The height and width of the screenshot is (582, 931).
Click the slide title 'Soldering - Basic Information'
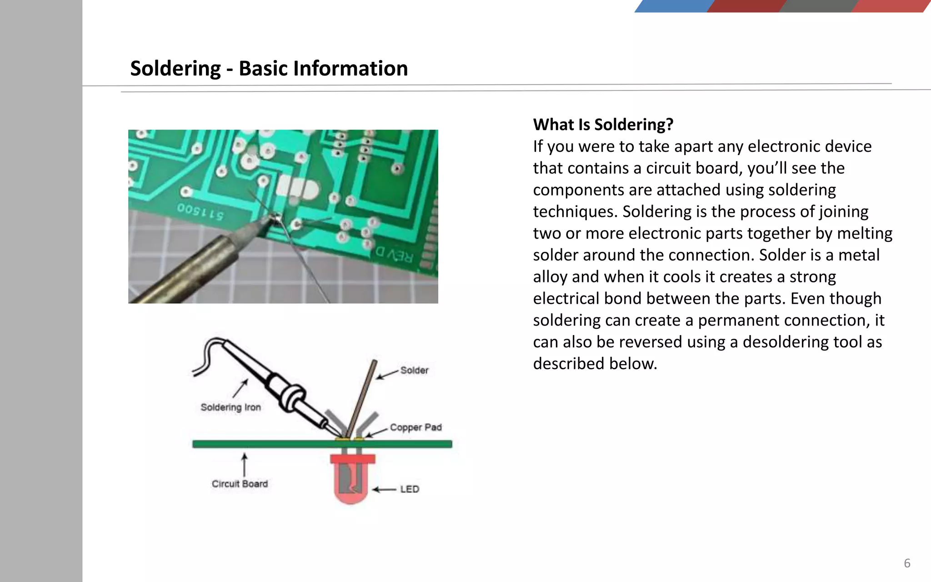tap(269, 69)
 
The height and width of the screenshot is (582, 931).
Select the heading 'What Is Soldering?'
tap(603, 125)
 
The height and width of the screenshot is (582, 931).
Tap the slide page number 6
tap(907, 563)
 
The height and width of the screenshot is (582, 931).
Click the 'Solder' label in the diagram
tap(414, 370)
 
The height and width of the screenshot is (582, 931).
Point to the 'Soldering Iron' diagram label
tap(230, 407)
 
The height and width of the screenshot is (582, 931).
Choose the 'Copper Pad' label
tap(415, 427)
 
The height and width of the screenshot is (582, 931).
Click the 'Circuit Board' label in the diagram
tap(240, 484)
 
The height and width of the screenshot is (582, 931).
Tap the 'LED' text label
tap(410, 489)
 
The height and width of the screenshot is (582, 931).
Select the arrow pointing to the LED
tap(384, 490)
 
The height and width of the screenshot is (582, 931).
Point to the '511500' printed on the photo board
tap(200, 211)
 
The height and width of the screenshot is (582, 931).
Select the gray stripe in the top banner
tap(817, 6)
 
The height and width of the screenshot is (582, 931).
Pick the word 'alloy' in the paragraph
tap(550, 277)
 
